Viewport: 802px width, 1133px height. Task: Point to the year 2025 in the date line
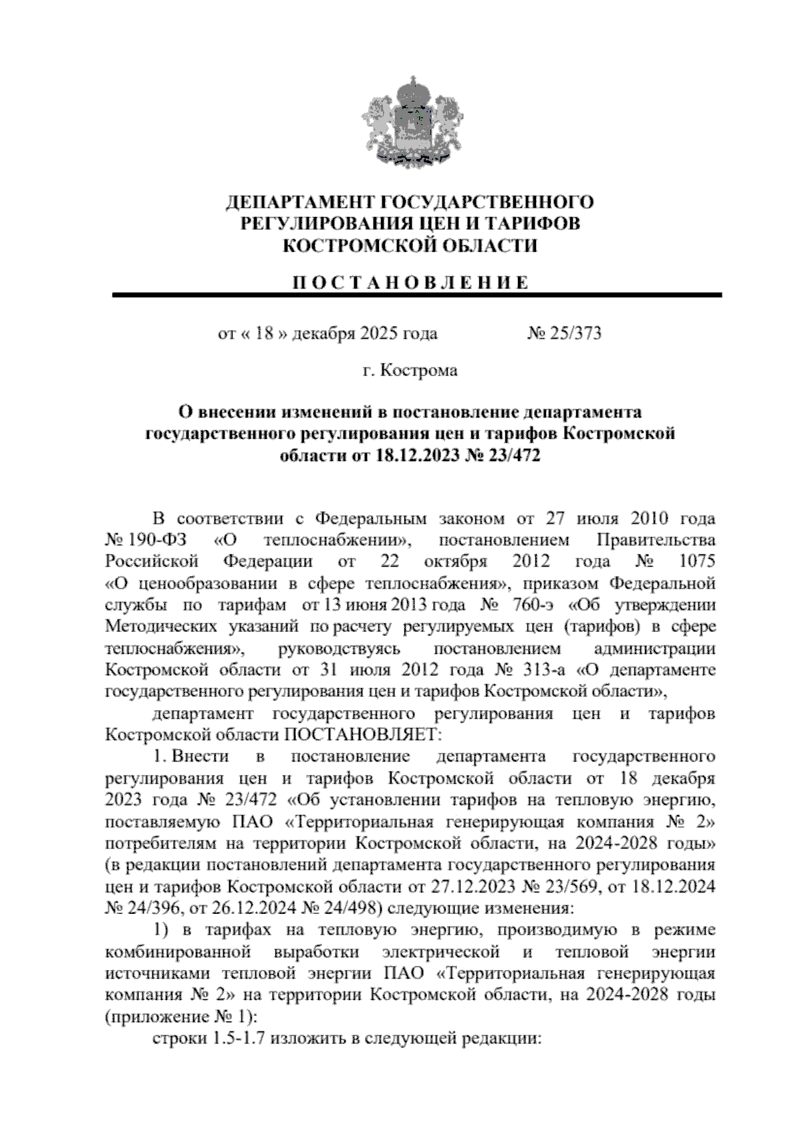[379, 333]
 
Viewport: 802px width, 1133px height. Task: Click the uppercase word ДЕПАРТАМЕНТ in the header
[295, 201]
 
